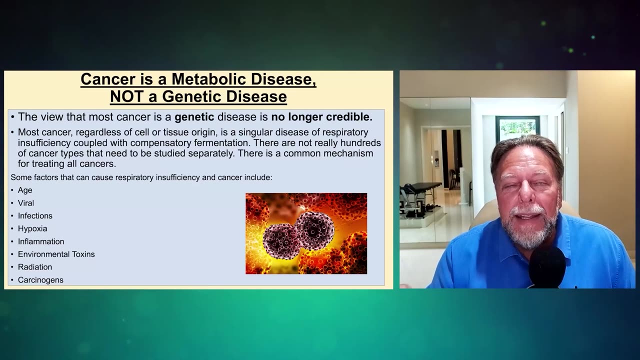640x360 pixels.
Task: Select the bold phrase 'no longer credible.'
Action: coord(321,117)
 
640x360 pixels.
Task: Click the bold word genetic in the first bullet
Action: coord(194,117)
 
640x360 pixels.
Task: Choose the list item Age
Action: coord(25,190)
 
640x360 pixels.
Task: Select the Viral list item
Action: coord(26,203)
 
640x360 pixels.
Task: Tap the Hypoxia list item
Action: coord(32,228)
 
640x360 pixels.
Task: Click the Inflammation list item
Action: coord(41,241)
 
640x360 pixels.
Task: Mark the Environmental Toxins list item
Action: coord(56,254)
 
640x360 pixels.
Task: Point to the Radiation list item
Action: coord(35,267)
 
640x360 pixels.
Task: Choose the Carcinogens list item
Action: coord(40,280)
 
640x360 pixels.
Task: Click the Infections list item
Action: coord(35,215)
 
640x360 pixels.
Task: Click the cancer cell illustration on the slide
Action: coord(306,233)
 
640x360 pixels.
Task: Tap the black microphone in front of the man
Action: coord(547,267)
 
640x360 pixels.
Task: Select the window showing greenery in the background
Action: coord(517,128)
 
